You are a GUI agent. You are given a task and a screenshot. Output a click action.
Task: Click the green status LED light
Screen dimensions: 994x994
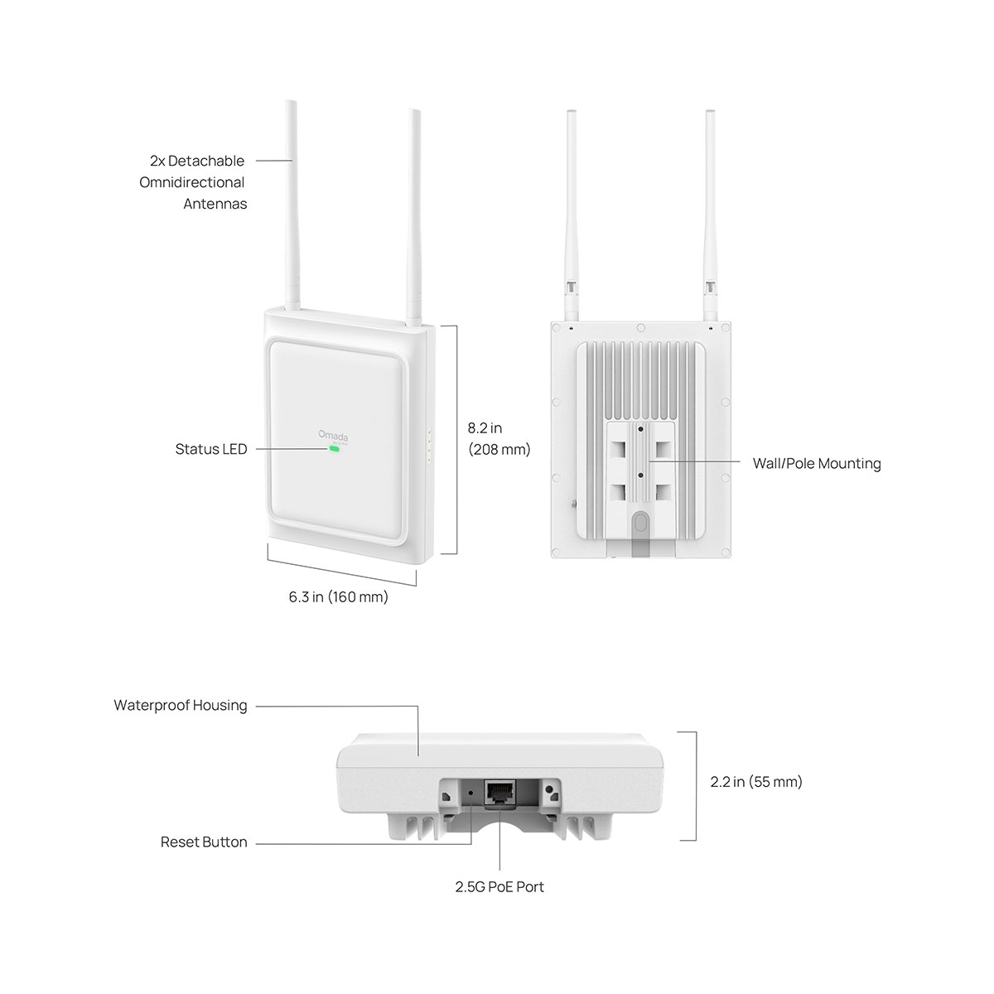tap(334, 450)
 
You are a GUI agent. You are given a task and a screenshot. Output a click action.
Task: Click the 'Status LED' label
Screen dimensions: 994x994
tap(211, 449)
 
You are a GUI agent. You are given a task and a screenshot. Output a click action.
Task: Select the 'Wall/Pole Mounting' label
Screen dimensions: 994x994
tap(816, 463)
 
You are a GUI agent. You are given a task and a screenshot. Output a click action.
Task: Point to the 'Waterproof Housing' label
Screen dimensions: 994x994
tap(181, 706)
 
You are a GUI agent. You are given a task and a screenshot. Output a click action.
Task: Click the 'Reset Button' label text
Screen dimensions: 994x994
tap(204, 842)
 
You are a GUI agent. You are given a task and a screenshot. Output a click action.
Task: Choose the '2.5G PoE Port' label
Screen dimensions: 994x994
tap(499, 887)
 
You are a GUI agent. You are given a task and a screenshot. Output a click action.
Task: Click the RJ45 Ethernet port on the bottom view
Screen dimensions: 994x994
tap(499, 792)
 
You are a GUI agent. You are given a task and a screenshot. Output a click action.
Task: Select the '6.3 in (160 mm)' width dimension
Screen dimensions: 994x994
tap(338, 596)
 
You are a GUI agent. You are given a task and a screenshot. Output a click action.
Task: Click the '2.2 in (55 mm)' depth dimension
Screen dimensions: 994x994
tap(756, 781)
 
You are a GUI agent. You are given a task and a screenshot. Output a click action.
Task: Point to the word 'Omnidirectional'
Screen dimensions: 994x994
tap(192, 182)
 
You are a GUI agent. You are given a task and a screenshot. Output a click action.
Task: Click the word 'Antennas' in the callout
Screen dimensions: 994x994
tap(215, 204)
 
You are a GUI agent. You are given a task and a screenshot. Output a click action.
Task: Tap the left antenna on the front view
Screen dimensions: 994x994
tap(292, 207)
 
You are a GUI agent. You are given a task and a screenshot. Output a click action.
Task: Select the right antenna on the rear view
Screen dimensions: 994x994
tap(710, 207)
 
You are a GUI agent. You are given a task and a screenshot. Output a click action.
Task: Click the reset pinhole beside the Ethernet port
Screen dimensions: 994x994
tap(472, 792)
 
